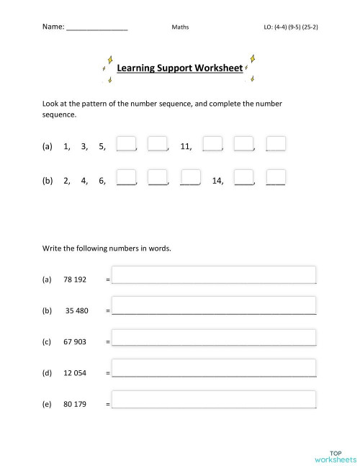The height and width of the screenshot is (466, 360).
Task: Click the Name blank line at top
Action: [96, 27]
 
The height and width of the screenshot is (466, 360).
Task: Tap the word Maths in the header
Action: [180, 27]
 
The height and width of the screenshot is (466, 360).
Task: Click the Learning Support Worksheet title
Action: [181, 68]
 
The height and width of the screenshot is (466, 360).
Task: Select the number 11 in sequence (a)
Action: [186, 146]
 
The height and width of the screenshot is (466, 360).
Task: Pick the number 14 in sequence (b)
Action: [217, 180]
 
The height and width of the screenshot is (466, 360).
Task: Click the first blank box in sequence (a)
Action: [126, 144]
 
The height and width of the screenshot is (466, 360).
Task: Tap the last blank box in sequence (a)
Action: [276, 144]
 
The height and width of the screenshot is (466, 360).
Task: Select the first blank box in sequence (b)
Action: [126, 178]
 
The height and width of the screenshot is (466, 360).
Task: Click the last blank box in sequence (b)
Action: [276, 178]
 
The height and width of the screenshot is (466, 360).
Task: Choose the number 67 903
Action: [75, 341]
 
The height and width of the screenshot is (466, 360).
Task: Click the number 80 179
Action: [75, 404]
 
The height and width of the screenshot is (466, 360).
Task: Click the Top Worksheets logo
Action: [335, 455]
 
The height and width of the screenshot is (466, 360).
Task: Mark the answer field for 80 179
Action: [214, 400]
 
